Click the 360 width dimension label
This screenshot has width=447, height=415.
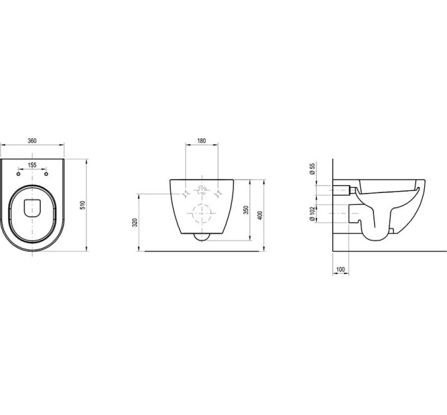click(x=32, y=140)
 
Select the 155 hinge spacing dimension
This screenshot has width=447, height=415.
click(x=32, y=165)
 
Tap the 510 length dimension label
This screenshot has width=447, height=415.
click(x=83, y=205)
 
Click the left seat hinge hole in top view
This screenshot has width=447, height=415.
click(x=18, y=174)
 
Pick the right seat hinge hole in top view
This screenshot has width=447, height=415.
click(x=46, y=174)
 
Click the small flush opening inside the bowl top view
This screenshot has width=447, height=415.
click(x=32, y=207)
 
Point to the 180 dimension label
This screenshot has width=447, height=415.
click(x=202, y=140)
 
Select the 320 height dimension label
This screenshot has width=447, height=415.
click(x=135, y=223)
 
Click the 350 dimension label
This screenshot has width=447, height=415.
click(x=247, y=210)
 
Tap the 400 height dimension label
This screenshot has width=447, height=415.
click(x=260, y=215)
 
